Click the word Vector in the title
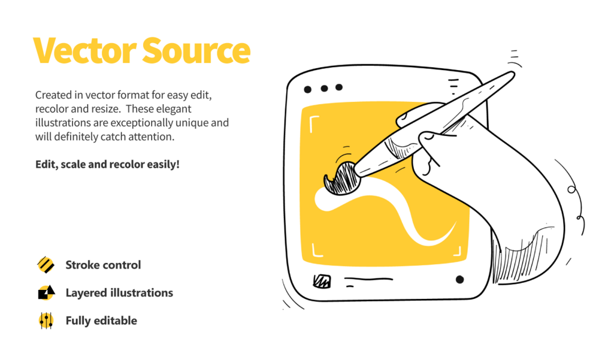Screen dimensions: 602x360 [x=84, y=50]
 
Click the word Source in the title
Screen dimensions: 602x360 [x=196, y=50]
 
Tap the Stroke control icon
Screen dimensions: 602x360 [x=46, y=265]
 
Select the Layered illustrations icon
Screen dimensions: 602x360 [x=46, y=292]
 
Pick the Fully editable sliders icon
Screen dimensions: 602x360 [x=46, y=320]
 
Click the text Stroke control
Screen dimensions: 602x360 [x=103, y=265]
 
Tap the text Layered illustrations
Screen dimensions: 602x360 [x=119, y=293]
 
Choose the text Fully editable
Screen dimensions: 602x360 [x=101, y=320]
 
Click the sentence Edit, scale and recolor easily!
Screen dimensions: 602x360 [x=107, y=164]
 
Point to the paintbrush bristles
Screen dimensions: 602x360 [x=341, y=179]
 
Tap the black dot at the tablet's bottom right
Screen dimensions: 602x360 [x=459, y=279]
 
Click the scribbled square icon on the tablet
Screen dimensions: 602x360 [x=322, y=282]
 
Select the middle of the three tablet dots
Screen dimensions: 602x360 [x=325, y=89]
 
